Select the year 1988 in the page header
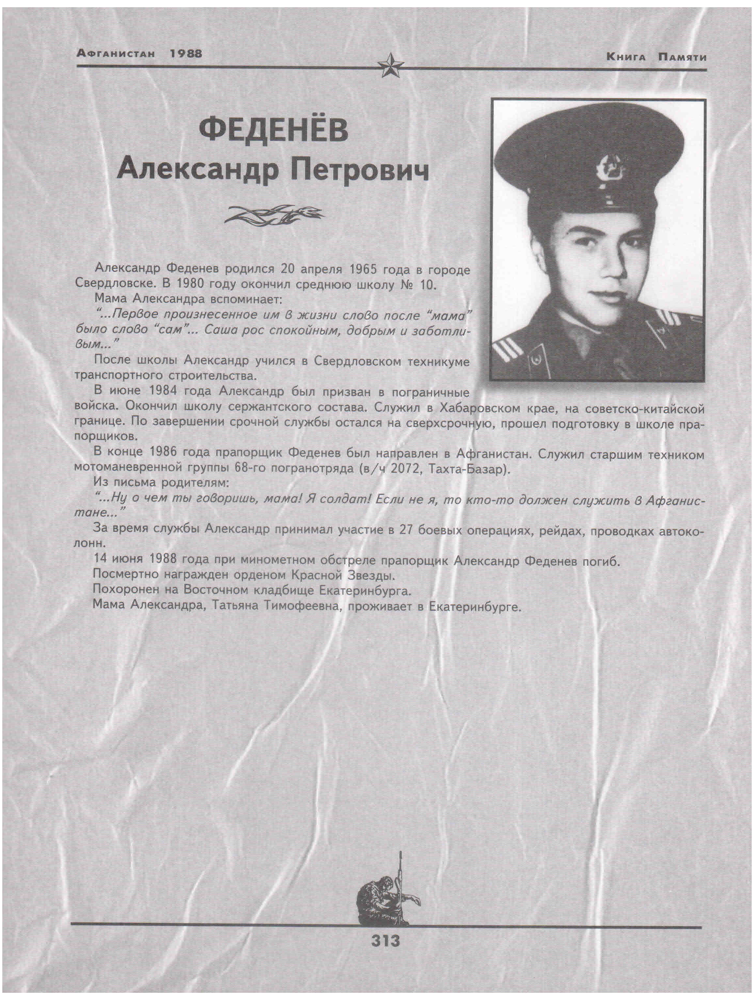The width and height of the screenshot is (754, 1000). click(x=186, y=53)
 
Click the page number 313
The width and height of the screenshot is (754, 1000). click(x=386, y=941)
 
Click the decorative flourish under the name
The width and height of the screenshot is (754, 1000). click(x=274, y=214)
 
